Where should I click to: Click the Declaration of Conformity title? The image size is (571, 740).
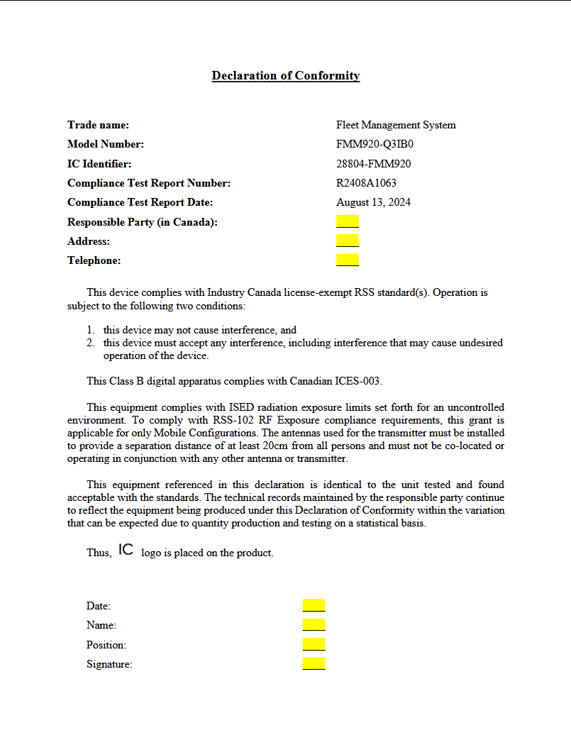(286, 76)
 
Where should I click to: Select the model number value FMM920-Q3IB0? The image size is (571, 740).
(375, 145)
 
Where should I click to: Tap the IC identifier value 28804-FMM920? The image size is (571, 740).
(374, 164)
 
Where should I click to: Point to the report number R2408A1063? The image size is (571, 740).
(366, 183)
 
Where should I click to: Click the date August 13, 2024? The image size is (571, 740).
(373, 202)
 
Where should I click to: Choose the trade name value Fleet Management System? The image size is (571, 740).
(396, 126)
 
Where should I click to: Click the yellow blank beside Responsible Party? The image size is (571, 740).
(348, 221)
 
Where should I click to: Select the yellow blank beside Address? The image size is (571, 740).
(348, 241)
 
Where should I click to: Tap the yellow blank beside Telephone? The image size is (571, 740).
(348, 260)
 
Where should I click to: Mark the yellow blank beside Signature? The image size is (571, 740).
(314, 663)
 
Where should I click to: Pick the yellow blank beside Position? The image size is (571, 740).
(314, 644)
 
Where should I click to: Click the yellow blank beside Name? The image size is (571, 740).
(314, 624)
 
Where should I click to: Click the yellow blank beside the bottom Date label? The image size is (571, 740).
(314, 605)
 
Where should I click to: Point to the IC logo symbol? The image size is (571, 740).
(126, 550)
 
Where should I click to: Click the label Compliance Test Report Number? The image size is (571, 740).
(149, 183)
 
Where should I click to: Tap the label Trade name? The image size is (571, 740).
(98, 126)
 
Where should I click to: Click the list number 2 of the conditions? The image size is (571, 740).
(90, 343)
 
